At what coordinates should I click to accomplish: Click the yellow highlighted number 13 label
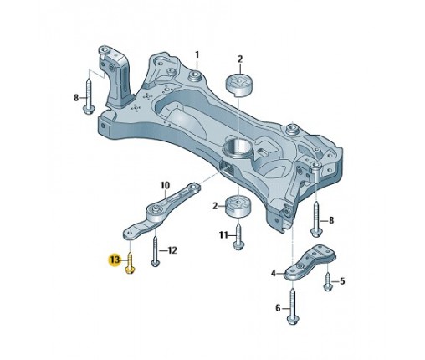(115, 260)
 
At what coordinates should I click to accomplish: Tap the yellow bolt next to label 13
(131, 263)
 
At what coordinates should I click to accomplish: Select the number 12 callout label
(172, 250)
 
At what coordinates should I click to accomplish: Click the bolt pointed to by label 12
(155, 252)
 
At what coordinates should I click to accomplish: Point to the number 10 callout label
(165, 185)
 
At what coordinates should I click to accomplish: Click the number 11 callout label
(223, 235)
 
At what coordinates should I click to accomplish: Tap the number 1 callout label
(197, 54)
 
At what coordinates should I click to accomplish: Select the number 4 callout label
(274, 273)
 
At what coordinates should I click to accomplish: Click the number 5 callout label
(342, 281)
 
